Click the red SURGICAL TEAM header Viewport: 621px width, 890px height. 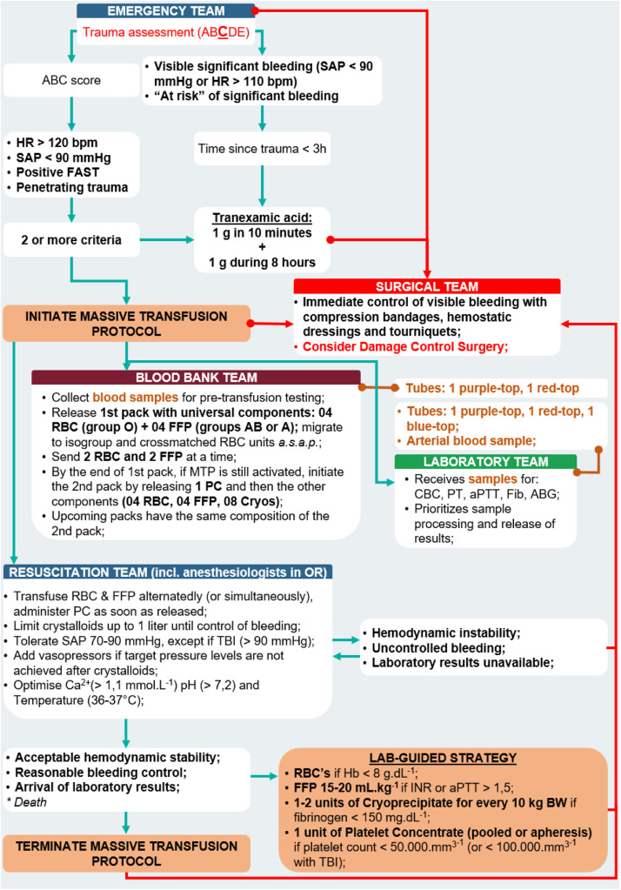[x=427, y=286]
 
